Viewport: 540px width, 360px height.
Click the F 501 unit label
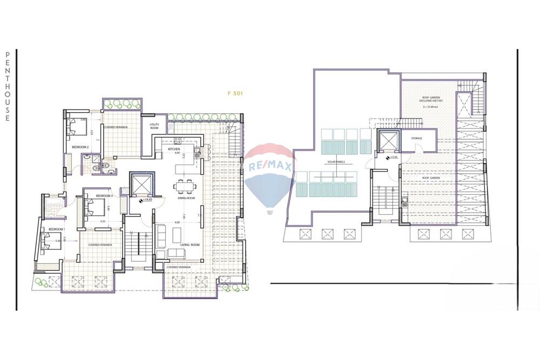click(x=235, y=93)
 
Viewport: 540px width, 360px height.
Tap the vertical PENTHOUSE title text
click(x=8, y=86)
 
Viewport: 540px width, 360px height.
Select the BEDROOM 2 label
click(x=80, y=147)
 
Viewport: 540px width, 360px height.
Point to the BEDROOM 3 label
click(x=104, y=195)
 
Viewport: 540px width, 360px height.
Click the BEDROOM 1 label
click(x=56, y=229)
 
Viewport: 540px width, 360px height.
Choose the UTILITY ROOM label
click(x=154, y=126)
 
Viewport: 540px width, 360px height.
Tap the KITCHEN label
click(x=173, y=148)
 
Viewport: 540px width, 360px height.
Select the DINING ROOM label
click(x=186, y=199)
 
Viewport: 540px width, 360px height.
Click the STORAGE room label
click(x=416, y=138)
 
